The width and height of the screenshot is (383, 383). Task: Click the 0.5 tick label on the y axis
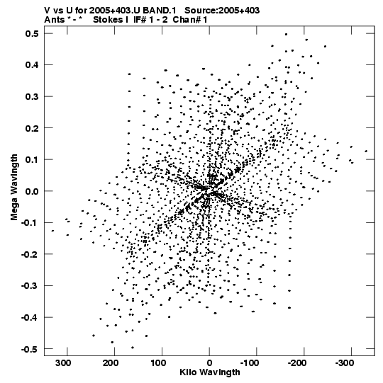(x=32, y=34)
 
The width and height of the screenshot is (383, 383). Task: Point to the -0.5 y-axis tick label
(x=30, y=349)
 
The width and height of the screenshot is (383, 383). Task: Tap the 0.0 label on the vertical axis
(x=32, y=191)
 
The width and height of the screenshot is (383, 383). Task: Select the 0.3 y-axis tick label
(x=32, y=97)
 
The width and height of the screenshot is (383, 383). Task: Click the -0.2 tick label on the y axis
(x=30, y=255)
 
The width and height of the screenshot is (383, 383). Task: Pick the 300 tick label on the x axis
(x=63, y=363)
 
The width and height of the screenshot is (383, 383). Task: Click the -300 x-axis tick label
(x=344, y=363)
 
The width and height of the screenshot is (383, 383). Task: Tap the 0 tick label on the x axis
(x=209, y=363)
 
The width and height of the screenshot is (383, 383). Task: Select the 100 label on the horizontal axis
(x=158, y=363)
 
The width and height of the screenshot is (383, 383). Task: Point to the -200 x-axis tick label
(x=297, y=363)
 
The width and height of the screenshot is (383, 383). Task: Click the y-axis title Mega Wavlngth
(x=14, y=188)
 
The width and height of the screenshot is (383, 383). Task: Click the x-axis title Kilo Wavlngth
(x=210, y=372)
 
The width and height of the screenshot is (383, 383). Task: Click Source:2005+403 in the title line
(x=222, y=11)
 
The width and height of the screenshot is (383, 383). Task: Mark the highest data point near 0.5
(x=286, y=35)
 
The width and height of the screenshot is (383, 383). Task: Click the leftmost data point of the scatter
(x=52, y=231)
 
